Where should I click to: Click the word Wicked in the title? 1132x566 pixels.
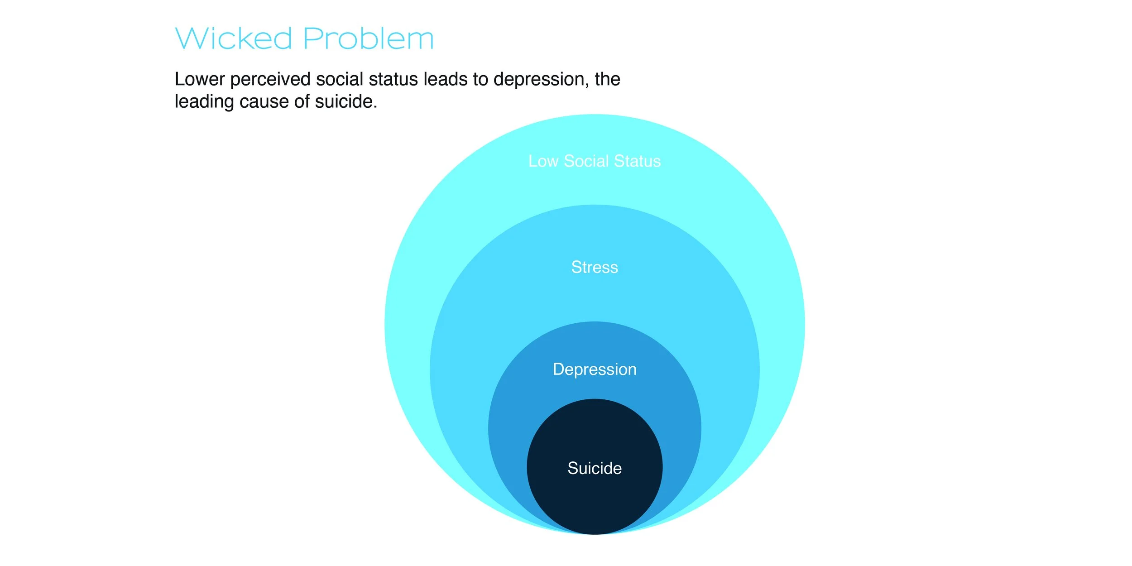coord(234,38)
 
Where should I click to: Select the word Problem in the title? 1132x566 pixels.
coord(369,38)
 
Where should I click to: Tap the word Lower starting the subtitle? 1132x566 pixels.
coord(200,79)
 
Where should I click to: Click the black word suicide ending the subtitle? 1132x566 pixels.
coord(346,102)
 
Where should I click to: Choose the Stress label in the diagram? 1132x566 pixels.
coord(595,267)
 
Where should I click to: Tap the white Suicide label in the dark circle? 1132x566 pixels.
coord(595,468)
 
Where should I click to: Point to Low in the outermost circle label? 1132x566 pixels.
coord(543,161)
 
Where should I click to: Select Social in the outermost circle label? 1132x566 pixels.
coord(586,161)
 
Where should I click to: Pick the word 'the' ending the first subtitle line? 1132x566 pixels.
coord(607,79)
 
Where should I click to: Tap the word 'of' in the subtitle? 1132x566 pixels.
coord(302,102)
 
